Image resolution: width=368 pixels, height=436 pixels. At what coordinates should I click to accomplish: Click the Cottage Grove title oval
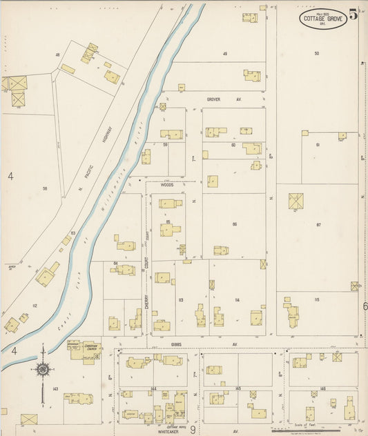click(323, 19)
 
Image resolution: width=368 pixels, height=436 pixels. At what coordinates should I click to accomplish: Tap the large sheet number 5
click(354, 14)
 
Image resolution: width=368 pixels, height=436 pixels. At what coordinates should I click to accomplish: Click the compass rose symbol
click(42, 370)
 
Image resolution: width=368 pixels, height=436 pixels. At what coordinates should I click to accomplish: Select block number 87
click(318, 225)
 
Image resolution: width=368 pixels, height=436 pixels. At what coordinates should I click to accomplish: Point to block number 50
click(316, 53)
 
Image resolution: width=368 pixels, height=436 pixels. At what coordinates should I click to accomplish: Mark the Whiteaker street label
click(168, 431)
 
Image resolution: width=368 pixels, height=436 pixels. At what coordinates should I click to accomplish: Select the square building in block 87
click(297, 202)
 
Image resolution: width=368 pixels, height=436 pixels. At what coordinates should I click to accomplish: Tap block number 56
click(44, 188)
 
